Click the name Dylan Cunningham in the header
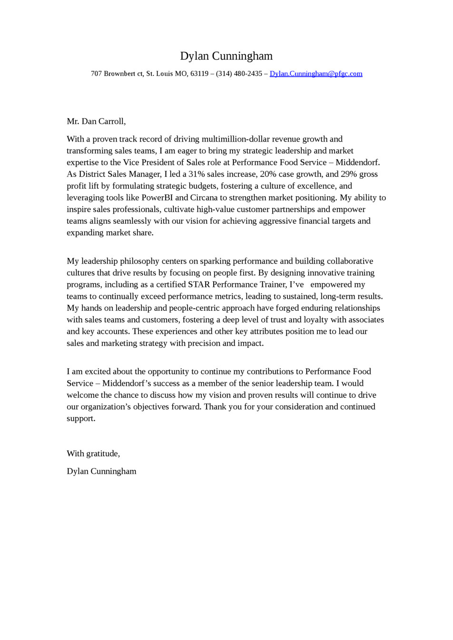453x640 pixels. coord(226,56)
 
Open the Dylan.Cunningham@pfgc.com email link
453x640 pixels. coord(316,74)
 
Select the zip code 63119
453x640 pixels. coord(199,74)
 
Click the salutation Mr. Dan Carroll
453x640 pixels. coord(96,121)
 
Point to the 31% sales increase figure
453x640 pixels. coord(197,174)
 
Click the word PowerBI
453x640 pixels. coord(157,197)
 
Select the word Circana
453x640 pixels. coord(204,197)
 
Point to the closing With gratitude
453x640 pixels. coord(93,453)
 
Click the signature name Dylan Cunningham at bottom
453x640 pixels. coord(101,471)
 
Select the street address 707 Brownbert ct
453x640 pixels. coord(117,74)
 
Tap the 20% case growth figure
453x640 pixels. coord(268,174)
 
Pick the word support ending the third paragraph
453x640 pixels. coord(80,418)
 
